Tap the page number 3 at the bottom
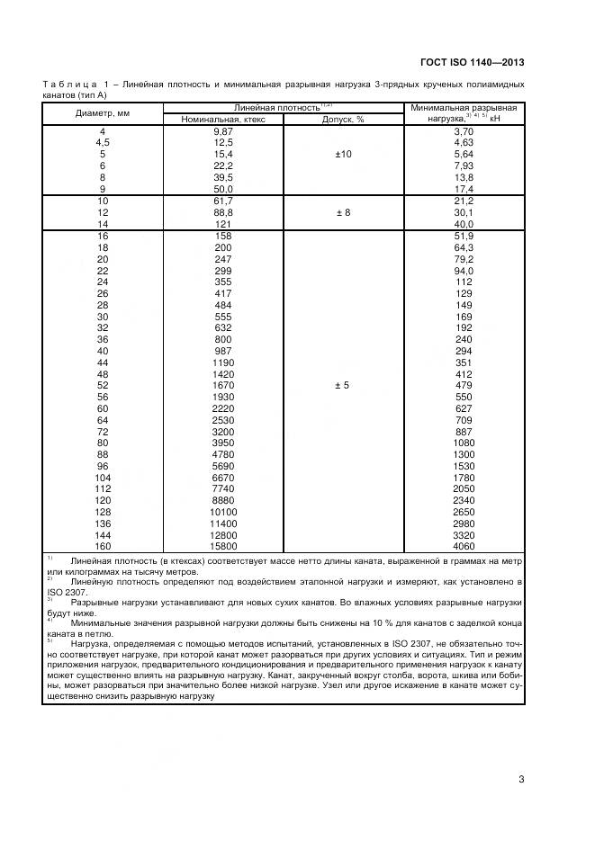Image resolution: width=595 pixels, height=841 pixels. (x=520, y=779)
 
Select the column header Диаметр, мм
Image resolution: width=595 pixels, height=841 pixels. (x=102, y=113)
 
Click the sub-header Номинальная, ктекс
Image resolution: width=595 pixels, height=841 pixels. (x=222, y=120)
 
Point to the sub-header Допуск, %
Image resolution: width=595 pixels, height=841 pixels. (x=343, y=120)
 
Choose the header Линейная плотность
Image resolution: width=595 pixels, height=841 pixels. (x=281, y=107)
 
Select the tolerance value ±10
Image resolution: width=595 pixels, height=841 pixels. (x=343, y=155)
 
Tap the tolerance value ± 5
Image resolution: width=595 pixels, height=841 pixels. (x=343, y=386)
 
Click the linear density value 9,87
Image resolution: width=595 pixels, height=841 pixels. (x=222, y=131)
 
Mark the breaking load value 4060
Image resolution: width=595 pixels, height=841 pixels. (x=464, y=546)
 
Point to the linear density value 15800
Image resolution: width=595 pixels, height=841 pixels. (x=222, y=546)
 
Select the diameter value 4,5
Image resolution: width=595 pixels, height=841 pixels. (x=102, y=143)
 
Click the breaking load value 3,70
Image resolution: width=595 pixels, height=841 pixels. (x=464, y=131)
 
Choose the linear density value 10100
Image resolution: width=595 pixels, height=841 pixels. (x=222, y=512)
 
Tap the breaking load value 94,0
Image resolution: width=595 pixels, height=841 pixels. (x=464, y=271)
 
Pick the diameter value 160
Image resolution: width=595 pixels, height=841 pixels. (x=102, y=546)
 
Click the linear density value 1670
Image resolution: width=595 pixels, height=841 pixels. (x=222, y=386)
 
